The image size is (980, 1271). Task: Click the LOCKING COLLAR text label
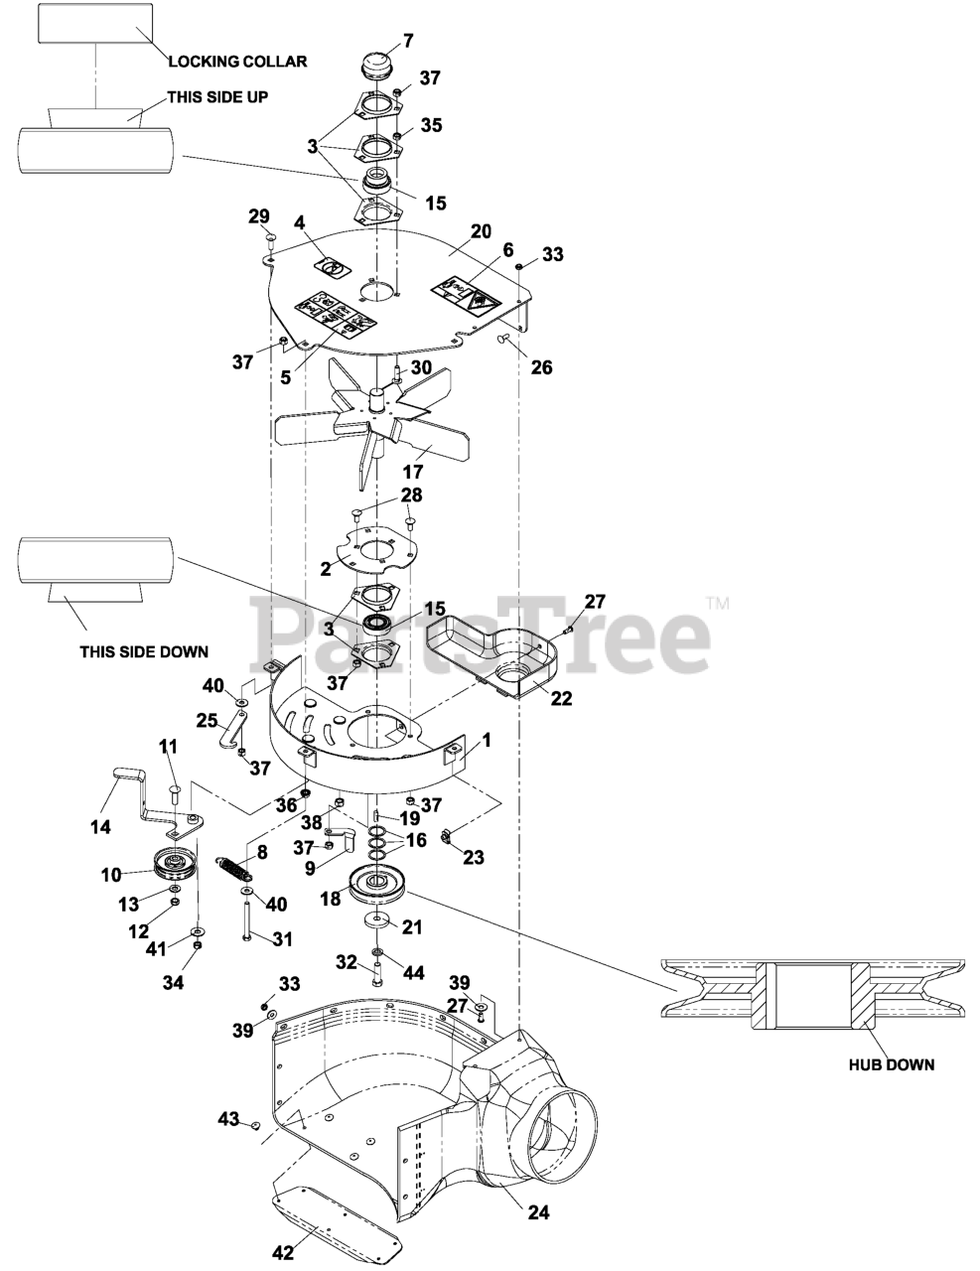(x=237, y=62)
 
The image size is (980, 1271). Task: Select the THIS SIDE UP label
(x=217, y=96)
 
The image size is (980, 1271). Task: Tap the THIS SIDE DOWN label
(x=144, y=652)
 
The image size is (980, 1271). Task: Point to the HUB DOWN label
(x=891, y=1065)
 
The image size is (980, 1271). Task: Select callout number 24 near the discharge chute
(x=538, y=1212)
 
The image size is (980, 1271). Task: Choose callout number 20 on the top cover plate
(x=481, y=230)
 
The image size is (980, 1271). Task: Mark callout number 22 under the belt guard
(x=561, y=698)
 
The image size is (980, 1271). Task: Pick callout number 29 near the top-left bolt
(x=258, y=216)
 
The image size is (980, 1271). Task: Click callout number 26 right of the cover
(x=541, y=367)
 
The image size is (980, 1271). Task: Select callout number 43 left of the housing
(x=229, y=1120)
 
